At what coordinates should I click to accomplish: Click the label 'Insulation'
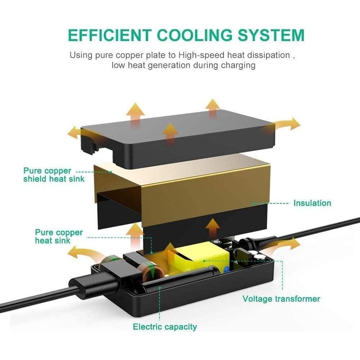(312, 203)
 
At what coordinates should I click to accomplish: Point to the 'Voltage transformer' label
(281, 298)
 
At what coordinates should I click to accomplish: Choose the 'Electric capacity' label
(165, 327)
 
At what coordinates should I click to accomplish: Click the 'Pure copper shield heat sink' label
(54, 175)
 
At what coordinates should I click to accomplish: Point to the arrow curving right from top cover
(286, 124)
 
